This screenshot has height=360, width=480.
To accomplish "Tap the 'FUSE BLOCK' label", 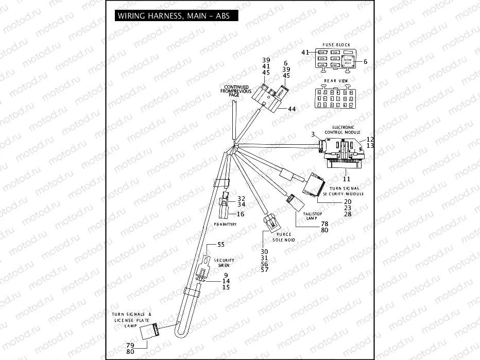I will pos(336,45).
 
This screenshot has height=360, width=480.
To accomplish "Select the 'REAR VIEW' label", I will pos(336,81).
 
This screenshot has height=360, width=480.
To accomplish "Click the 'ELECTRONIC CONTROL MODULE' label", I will pos(343,129).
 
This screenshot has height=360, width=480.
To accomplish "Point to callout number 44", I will pos(292,109).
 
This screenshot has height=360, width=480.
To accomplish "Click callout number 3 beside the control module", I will pos(313,134).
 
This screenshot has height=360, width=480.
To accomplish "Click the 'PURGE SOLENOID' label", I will pos(280,237).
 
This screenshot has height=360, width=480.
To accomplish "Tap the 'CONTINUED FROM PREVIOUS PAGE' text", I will pos(236,91).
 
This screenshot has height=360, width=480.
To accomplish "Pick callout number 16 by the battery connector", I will pos(241,214).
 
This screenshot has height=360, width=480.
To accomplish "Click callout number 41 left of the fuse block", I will pos(304,53).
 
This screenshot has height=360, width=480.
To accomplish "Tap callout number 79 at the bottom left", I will pos(130,345).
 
